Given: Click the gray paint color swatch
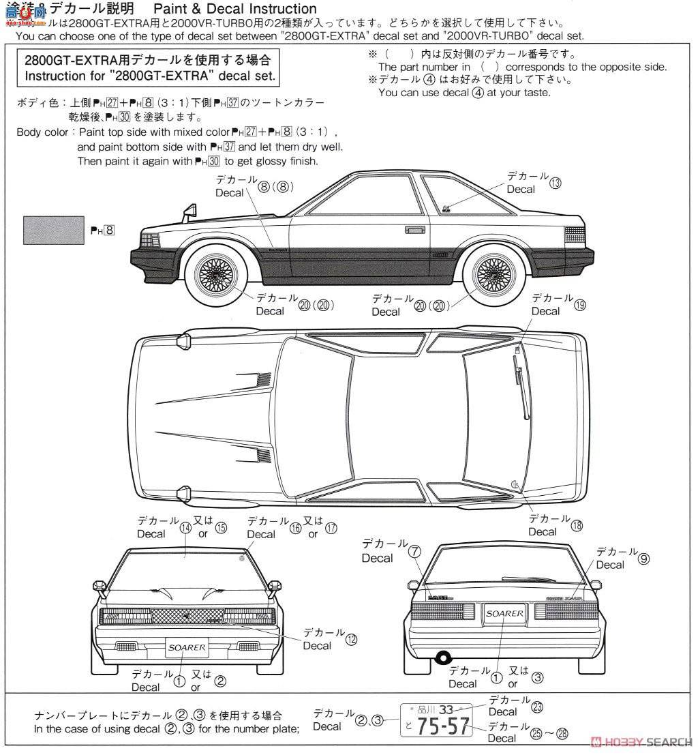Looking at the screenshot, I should tap(51, 230).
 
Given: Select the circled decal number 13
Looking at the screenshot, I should tap(556, 183).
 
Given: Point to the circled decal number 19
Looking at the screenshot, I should tap(580, 306).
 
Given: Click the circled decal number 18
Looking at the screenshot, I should tap(577, 526).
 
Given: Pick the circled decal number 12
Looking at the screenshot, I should tap(351, 640).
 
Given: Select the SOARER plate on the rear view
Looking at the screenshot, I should tap(504, 613).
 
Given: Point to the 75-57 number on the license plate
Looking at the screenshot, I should tap(443, 728).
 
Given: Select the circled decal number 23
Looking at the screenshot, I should tap(537, 707).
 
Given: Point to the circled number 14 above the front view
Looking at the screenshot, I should tap(185, 527).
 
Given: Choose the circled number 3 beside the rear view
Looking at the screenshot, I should tap(538, 677).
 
